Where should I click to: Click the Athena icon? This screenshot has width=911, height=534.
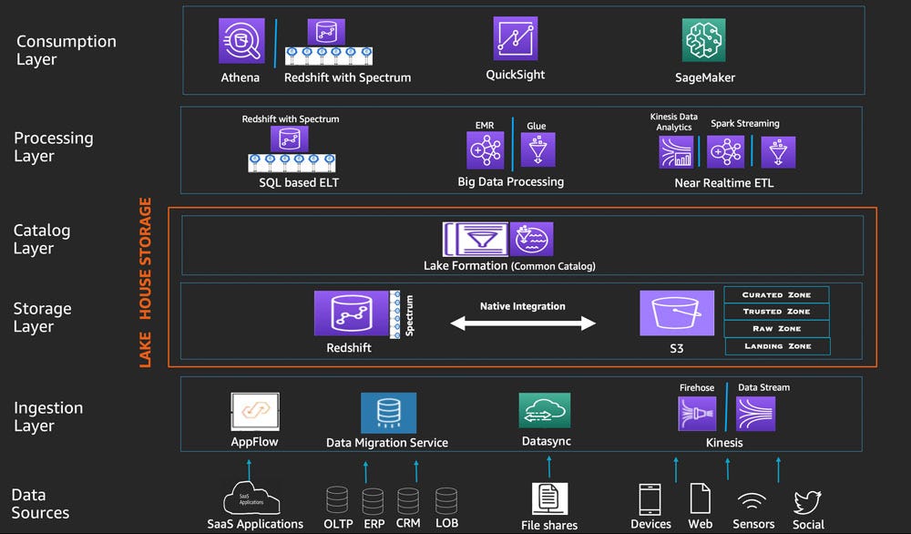click(x=241, y=40)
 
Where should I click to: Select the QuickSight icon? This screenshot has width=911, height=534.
click(x=516, y=39)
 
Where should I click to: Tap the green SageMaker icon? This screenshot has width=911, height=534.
click(x=703, y=40)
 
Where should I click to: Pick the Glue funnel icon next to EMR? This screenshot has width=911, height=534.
click(x=537, y=149)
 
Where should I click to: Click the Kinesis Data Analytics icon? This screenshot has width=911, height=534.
click(x=677, y=151)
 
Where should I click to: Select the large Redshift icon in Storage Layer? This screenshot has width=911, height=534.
click(x=351, y=313)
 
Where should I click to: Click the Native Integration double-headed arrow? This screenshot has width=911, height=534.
click(x=525, y=323)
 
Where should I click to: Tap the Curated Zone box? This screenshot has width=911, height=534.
click(x=776, y=295)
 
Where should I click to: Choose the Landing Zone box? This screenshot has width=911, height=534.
click(x=777, y=346)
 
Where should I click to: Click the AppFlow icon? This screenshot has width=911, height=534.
click(x=254, y=412)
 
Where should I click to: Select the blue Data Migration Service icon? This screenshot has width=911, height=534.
click(x=388, y=413)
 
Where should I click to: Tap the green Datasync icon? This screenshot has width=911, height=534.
click(x=545, y=411)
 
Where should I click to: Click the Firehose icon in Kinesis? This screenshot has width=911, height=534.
click(x=697, y=413)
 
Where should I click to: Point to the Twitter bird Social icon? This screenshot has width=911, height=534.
click(x=807, y=502)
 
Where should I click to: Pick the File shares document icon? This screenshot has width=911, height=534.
click(x=549, y=499)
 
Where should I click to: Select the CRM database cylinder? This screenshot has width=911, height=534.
click(x=408, y=501)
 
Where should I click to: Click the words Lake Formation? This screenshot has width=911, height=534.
click(x=466, y=266)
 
